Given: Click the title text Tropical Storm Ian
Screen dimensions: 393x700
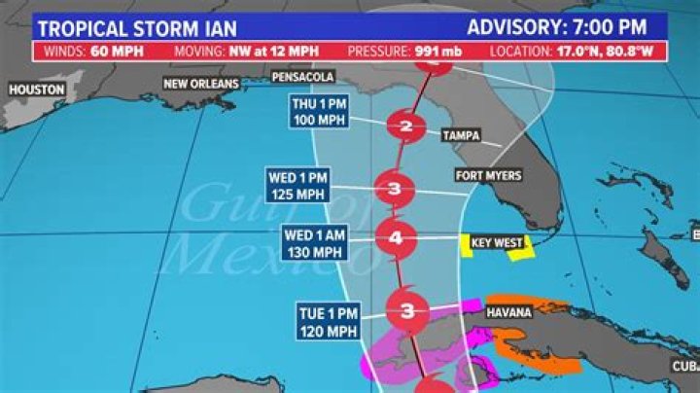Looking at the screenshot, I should pyautogui.click(x=126, y=25).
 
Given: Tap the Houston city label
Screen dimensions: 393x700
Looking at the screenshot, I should pyautogui.click(x=36, y=89).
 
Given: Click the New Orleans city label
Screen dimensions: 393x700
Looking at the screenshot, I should pyautogui.click(x=201, y=84).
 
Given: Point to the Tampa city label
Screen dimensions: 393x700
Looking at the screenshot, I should pyautogui.click(x=460, y=135).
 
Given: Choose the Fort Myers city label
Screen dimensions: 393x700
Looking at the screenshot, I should pyautogui.click(x=488, y=176).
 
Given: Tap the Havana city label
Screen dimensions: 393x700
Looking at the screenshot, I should pyautogui.click(x=510, y=312).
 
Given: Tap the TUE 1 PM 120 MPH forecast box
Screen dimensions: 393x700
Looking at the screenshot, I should pyautogui.click(x=328, y=321).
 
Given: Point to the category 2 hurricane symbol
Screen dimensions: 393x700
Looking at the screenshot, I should pyautogui.click(x=405, y=126).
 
